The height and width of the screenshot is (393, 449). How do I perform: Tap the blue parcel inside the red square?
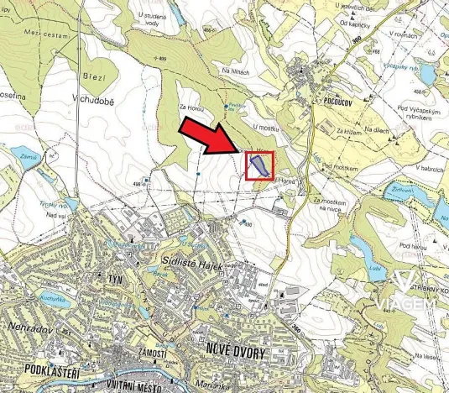(259, 165)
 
